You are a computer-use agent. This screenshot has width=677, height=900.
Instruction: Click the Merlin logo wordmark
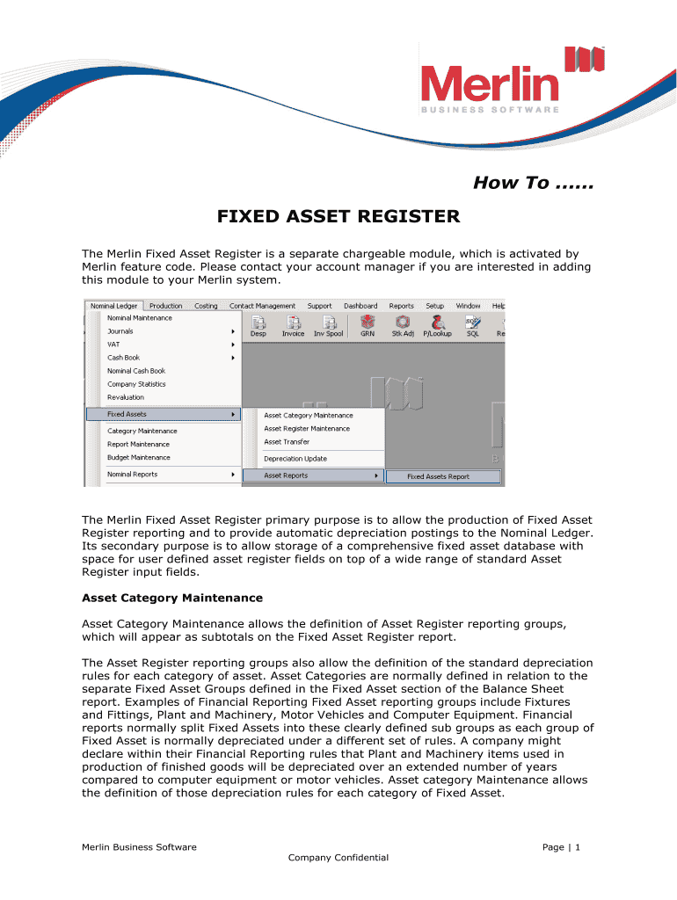point(489,84)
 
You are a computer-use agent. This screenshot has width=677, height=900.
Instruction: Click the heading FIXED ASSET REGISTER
point(338,216)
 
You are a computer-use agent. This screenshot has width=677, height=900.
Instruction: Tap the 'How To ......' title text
point(533,183)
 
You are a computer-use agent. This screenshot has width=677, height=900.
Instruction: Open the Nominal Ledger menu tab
point(113,306)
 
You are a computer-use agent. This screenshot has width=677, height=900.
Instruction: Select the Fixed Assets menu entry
point(127,414)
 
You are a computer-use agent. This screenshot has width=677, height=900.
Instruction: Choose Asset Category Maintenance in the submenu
point(309,415)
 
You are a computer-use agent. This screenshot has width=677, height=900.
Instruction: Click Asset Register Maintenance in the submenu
point(307,428)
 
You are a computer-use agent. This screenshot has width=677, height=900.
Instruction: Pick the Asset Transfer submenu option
point(287,441)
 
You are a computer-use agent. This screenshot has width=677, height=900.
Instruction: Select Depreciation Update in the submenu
point(295,459)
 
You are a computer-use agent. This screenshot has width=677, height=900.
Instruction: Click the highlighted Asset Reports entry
point(287,475)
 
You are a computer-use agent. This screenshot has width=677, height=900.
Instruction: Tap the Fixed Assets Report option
point(438,476)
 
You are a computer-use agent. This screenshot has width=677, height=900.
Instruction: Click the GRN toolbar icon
point(368,326)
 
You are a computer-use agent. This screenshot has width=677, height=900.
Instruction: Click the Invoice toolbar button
point(293,326)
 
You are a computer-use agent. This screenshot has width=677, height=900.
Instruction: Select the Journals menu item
point(120,331)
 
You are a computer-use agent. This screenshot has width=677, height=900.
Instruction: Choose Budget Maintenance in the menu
point(139,457)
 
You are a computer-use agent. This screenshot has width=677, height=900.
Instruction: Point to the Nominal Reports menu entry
point(133,474)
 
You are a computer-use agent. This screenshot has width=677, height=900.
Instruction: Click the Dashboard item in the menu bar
point(360,306)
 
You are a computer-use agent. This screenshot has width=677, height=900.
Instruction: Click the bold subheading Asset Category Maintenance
point(172,598)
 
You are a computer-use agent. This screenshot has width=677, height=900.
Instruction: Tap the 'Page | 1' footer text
point(561,846)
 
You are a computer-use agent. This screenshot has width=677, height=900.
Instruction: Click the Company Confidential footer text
point(338,857)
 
